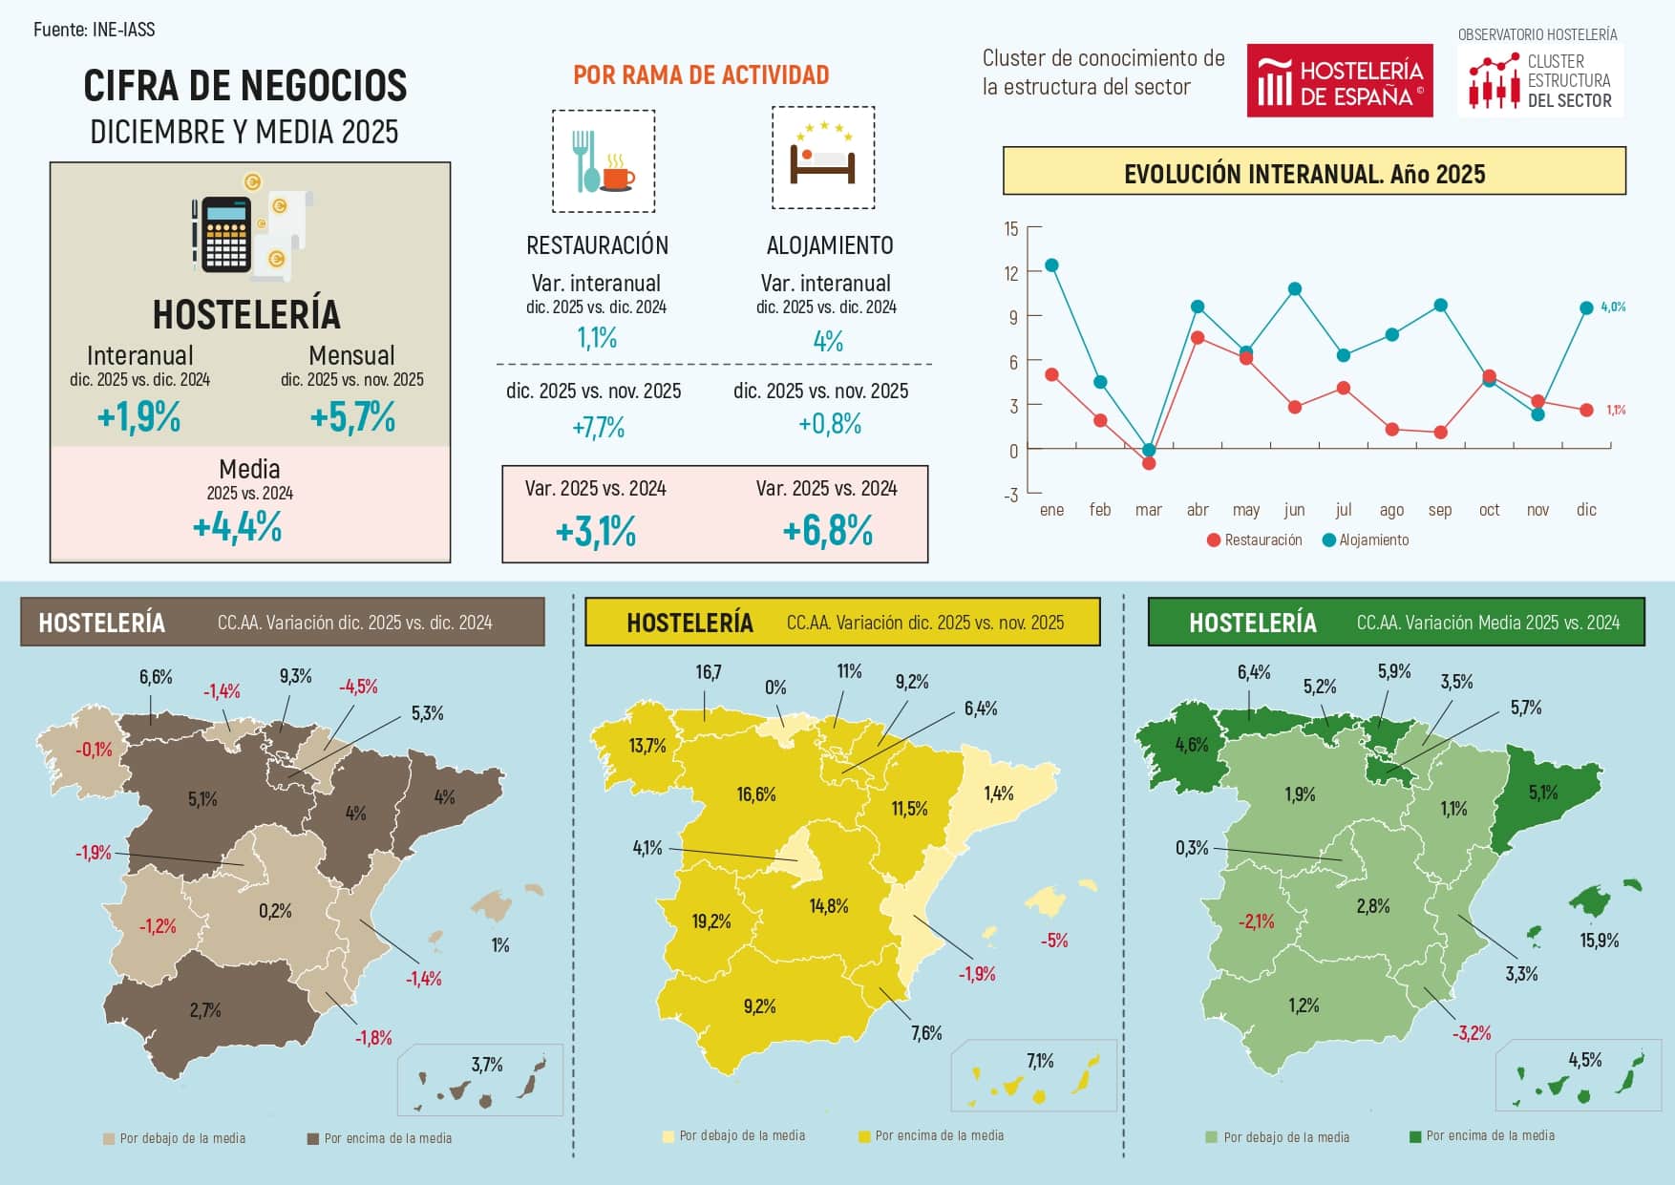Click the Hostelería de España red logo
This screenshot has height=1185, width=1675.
pos(1339,81)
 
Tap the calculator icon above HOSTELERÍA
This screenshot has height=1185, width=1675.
pos(225,234)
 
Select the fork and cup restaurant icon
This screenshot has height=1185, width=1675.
pos(603,161)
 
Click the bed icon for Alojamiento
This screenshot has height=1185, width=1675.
pos(822,159)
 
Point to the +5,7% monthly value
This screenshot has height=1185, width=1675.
pos(352,417)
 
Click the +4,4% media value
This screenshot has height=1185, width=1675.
pos(237,527)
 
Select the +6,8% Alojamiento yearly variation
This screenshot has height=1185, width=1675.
pos(827,531)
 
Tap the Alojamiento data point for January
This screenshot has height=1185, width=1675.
pos(1051,265)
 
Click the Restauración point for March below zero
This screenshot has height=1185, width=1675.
pos(1149,463)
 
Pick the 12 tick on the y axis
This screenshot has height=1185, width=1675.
pos(1011,273)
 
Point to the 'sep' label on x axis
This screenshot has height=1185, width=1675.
pos(1439,510)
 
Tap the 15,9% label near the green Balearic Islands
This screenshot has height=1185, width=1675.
pos(1599,941)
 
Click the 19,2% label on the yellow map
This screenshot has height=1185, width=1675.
pos(711,921)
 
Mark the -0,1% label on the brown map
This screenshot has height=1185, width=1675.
pos(94,751)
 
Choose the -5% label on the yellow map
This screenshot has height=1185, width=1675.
pos(1053,941)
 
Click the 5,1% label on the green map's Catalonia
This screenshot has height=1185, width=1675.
pos(1542,793)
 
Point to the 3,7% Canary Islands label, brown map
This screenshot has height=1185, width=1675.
pos(486,1065)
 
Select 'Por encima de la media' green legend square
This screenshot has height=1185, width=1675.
pos(1415,1136)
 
